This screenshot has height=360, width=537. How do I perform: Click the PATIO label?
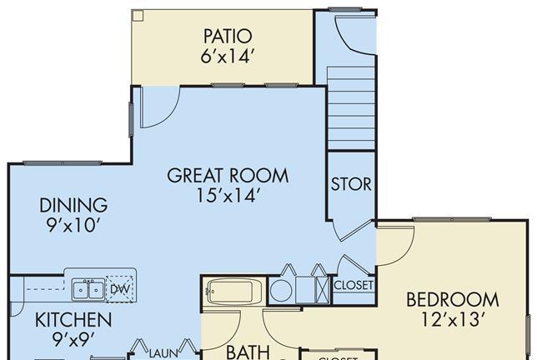pos(228,36)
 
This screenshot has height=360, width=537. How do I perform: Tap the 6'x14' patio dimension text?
pos(228,56)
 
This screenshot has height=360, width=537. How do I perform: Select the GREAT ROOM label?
pos(228,175)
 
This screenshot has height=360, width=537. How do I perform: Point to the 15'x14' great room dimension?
pos(227,196)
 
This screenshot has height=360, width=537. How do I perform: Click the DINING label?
pos(73,205)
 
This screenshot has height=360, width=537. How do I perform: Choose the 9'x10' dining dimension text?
pos(73,225)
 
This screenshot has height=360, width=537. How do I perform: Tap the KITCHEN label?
pos(73,320)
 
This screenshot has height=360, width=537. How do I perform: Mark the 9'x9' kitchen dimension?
pos(73,339)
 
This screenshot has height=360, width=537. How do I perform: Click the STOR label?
pos(351,184)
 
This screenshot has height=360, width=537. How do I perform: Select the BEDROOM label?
pos(453,299)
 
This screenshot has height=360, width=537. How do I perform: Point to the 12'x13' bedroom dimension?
pos(453,320)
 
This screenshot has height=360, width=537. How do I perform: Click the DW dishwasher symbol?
pos(119,289)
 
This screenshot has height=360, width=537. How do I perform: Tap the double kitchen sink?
pos(88,289)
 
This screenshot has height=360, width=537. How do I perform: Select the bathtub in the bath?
pos(233,292)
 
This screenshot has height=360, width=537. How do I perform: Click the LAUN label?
pos(163,353)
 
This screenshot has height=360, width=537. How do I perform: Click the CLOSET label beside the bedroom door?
pos(353,285)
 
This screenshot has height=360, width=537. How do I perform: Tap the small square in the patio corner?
pos(138,15)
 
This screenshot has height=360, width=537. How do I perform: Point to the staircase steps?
pos(351,108)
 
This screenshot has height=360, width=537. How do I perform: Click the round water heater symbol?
pos(281,291)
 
